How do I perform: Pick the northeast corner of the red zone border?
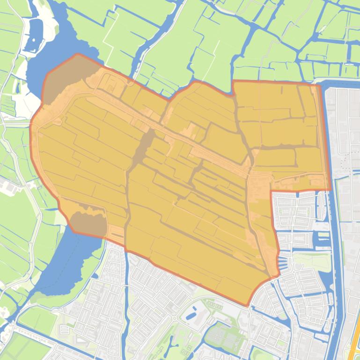click(x=320, y=85)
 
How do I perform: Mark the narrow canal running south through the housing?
click(x=127, y=299)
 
